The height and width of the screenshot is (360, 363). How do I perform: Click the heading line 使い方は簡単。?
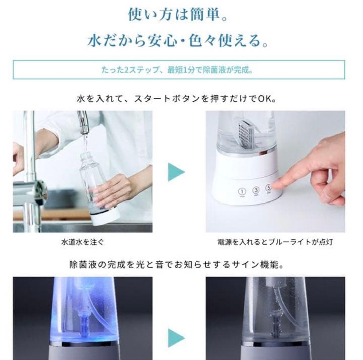tap(177, 14)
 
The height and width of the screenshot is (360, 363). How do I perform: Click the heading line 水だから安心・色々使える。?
tap(178, 41)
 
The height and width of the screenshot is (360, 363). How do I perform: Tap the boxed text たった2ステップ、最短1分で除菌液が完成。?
tap(178, 70)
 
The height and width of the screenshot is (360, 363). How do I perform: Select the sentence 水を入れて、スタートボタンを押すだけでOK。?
tap(176, 100)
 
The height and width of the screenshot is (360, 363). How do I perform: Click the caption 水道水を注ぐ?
tap(80, 242)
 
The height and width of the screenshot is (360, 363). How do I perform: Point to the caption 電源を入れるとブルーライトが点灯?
tap(275, 242)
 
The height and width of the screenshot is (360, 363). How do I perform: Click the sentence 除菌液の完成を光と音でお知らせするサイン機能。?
tap(176, 265)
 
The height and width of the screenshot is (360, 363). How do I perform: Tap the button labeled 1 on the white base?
tap(242, 191)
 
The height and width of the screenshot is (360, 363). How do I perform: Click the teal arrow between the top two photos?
tap(176, 172)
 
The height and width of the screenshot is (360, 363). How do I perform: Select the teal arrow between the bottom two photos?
tap(176, 338)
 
